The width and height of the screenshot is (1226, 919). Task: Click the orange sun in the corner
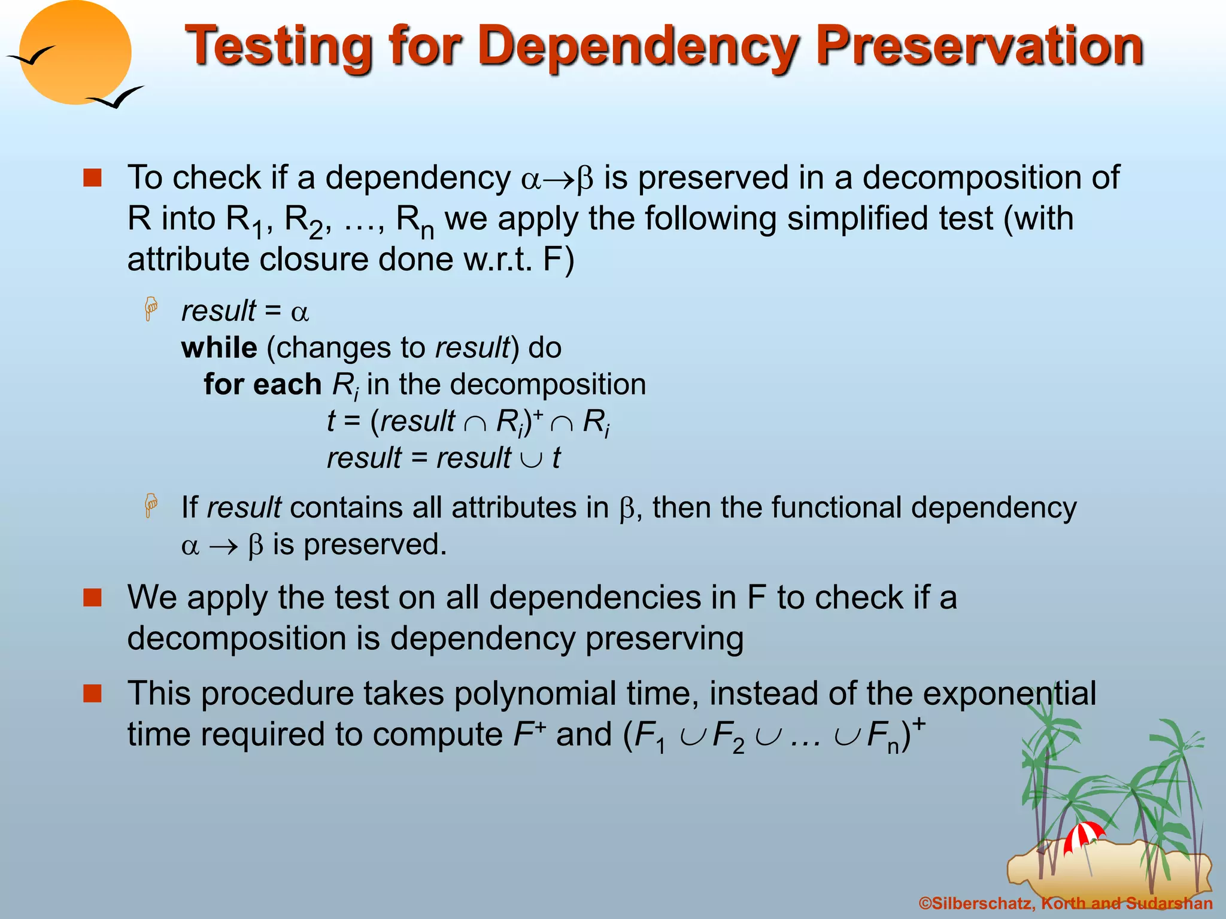75,53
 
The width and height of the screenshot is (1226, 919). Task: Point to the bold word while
219,348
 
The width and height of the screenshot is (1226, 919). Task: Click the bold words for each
262,384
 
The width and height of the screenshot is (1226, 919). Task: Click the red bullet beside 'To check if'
92,178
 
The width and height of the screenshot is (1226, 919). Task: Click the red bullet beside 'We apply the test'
92,597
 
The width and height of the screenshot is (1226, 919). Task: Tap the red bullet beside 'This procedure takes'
92,693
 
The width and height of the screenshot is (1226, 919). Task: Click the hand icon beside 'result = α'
151,309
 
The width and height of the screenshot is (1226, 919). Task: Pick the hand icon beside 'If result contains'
151,506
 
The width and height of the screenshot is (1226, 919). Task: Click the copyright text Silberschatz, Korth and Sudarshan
1066,903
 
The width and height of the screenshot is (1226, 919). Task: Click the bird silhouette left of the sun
30,56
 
